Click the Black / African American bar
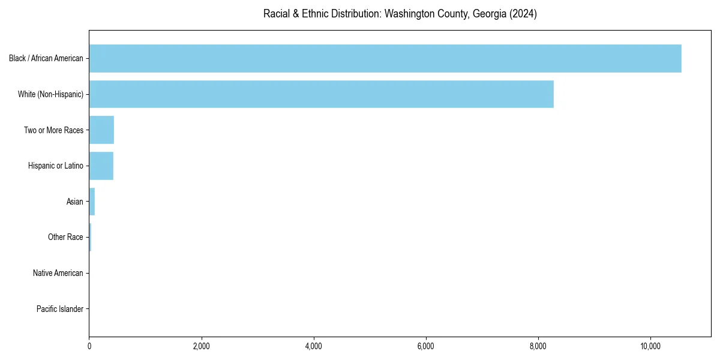tap(384, 58)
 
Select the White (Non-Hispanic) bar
tap(321, 94)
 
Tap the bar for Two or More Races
tap(101, 130)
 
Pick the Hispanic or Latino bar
tap(101, 166)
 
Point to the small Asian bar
tap(92, 202)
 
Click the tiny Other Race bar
tap(90, 238)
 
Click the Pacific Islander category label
tap(59, 309)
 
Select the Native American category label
tap(58, 273)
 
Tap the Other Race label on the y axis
tap(65, 238)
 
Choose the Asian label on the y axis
tap(75, 202)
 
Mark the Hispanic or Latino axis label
tap(56, 166)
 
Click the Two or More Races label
tap(53, 130)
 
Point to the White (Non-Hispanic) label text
tap(50, 94)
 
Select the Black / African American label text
tap(46, 58)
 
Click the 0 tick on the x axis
tap(89, 346)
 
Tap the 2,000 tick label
tap(201, 346)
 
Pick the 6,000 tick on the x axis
tap(426, 346)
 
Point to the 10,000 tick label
tap(650, 346)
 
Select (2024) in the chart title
tap(523, 14)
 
